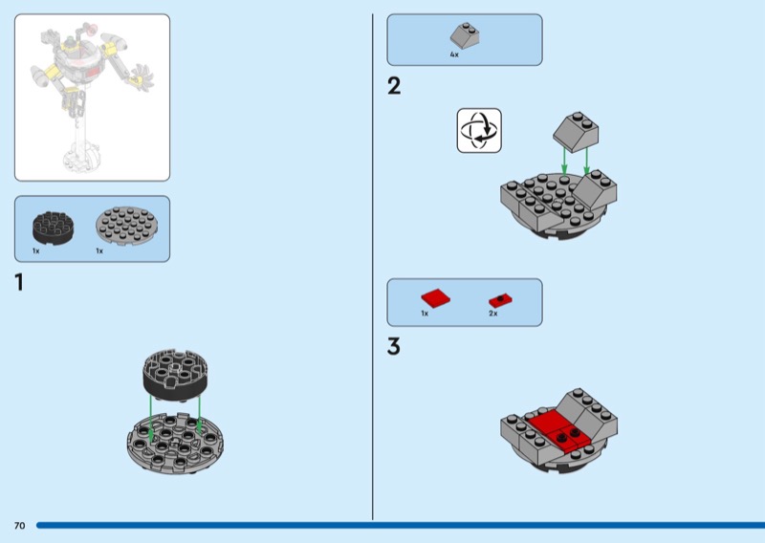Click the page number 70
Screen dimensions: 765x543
[x=19, y=526]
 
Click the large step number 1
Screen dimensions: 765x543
[x=19, y=282]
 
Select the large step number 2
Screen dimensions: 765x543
[x=394, y=86]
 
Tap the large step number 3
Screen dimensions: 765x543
[x=394, y=346]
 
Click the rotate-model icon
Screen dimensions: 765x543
[x=479, y=131]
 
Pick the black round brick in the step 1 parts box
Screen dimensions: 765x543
[x=54, y=228]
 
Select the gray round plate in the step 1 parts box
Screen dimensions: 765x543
[x=126, y=224]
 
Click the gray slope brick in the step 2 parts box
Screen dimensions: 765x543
[x=465, y=35]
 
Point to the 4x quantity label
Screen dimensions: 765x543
[x=454, y=54]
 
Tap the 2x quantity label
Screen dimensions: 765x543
[x=493, y=314]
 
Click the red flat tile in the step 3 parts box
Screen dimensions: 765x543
[x=436, y=297]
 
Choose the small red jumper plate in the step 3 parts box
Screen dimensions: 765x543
[x=500, y=300]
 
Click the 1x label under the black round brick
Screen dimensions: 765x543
[x=35, y=250]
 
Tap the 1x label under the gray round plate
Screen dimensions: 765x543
[x=99, y=250]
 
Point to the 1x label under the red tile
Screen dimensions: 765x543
[x=425, y=314]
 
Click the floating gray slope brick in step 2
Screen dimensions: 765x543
[x=576, y=131]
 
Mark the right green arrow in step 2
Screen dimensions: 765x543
[x=587, y=161]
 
